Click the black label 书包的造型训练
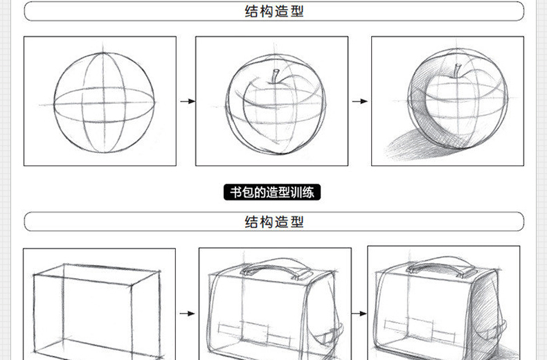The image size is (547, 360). [x=271, y=192]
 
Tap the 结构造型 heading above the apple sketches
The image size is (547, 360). [x=274, y=11]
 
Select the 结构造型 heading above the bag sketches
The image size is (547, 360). [x=274, y=222]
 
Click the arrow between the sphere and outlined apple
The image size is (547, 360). [x=188, y=101]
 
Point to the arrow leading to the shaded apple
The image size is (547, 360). [x=360, y=101]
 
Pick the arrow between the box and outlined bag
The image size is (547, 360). [x=188, y=313]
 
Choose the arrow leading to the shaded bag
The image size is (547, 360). [x=359, y=313]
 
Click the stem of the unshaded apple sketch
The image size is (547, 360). [x=275, y=75]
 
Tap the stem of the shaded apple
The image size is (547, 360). [x=458, y=70]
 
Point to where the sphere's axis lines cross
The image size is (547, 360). [x=104, y=103]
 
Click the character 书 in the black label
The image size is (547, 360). [x=236, y=192]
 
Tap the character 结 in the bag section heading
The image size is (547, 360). [x=251, y=222]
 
